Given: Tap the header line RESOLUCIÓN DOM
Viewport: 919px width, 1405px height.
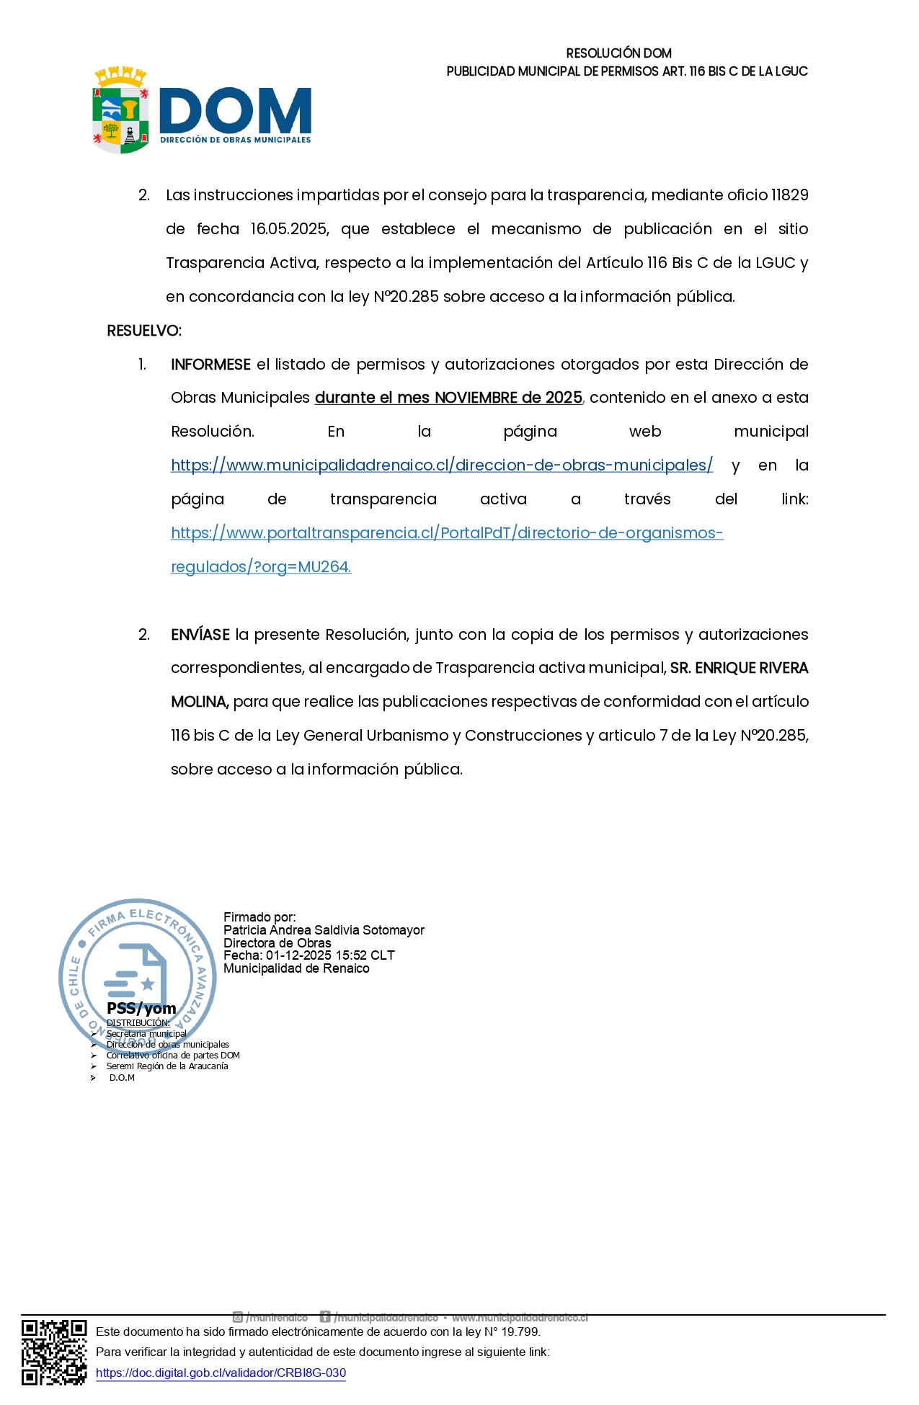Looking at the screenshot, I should (618, 53).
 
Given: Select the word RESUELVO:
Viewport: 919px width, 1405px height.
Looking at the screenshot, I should (144, 331).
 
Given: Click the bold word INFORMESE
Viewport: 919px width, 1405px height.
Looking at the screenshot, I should (210, 365).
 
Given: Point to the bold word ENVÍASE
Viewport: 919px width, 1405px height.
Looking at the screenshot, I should (200, 635).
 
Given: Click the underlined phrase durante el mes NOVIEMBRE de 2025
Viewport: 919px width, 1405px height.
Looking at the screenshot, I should (448, 398).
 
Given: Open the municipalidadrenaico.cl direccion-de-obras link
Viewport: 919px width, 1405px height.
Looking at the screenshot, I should (441, 465).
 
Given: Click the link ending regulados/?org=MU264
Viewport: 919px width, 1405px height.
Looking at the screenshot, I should (261, 567).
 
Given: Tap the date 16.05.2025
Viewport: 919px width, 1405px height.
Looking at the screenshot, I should (289, 229).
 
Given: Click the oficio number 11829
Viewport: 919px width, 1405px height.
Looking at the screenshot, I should (789, 195).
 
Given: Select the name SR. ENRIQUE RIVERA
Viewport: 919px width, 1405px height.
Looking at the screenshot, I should (739, 669).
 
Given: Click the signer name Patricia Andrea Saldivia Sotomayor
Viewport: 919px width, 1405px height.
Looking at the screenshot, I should (324, 930).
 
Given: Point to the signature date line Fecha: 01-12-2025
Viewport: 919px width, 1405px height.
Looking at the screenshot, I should (308, 955).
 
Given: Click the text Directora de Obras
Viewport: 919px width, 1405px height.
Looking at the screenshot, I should (278, 943).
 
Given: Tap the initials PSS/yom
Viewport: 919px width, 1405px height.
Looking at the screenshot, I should (141, 1009).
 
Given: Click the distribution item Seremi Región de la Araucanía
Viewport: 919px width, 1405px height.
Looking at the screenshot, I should (167, 1066).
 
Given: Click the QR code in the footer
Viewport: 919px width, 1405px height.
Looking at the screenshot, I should (54, 1352).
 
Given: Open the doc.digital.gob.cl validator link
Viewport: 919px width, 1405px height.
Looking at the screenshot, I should (221, 1373).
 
